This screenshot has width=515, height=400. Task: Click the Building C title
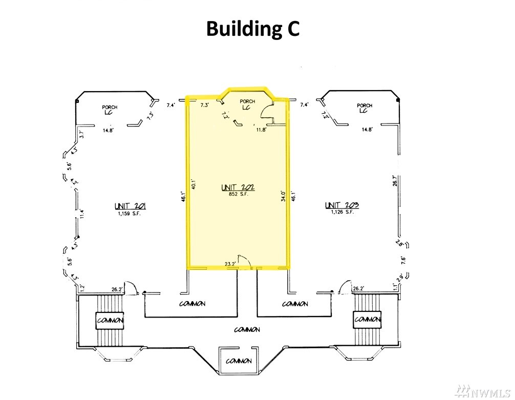point(252,29)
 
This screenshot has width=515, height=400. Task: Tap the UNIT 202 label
point(238,188)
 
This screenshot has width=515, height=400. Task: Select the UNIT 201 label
point(131,206)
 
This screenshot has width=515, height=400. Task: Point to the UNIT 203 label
point(342,205)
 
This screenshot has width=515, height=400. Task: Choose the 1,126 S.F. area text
point(341,212)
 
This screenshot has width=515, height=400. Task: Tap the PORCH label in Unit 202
point(247,101)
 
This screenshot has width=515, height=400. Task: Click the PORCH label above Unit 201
point(110,107)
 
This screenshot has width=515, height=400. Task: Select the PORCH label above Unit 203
point(364,106)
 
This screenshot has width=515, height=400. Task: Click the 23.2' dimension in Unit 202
point(230,264)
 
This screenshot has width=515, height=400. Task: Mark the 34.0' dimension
point(283,197)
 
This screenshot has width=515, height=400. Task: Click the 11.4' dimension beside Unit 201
point(81,214)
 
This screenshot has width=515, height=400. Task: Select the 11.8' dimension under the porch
point(261,130)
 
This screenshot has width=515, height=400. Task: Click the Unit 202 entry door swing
point(245,261)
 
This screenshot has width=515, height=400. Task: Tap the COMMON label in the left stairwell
point(110,320)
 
